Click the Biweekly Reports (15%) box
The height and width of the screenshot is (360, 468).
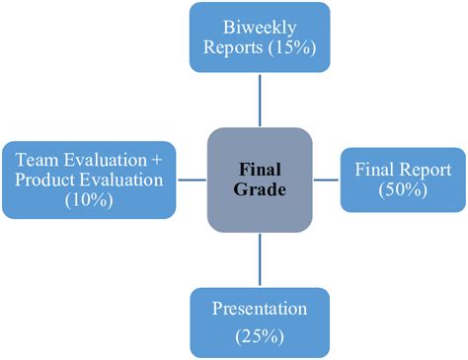click(x=260, y=37)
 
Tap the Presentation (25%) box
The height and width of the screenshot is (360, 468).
click(x=260, y=322)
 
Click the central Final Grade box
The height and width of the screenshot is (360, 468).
click(x=261, y=179)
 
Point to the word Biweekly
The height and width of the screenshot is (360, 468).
click(x=260, y=25)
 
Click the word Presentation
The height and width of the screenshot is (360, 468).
click(x=260, y=309)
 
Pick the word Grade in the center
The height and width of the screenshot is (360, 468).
click(x=261, y=189)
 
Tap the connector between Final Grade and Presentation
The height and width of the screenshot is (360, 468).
click(x=261, y=257)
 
